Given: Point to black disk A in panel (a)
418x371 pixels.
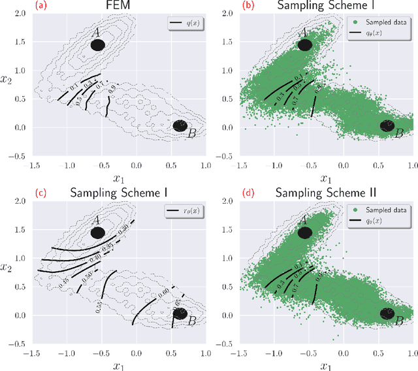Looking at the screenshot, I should tap(98, 45).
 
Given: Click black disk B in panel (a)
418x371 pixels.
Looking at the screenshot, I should tap(180, 126).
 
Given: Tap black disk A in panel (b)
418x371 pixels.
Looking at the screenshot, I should tap(304, 45).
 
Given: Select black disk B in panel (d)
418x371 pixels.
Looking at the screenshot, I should tap(387, 314).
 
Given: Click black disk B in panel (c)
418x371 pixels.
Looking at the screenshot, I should tap(180, 314).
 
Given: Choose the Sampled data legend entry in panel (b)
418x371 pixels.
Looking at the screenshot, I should tap(381, 24).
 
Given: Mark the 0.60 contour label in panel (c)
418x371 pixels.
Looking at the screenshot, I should tap(163, 291).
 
